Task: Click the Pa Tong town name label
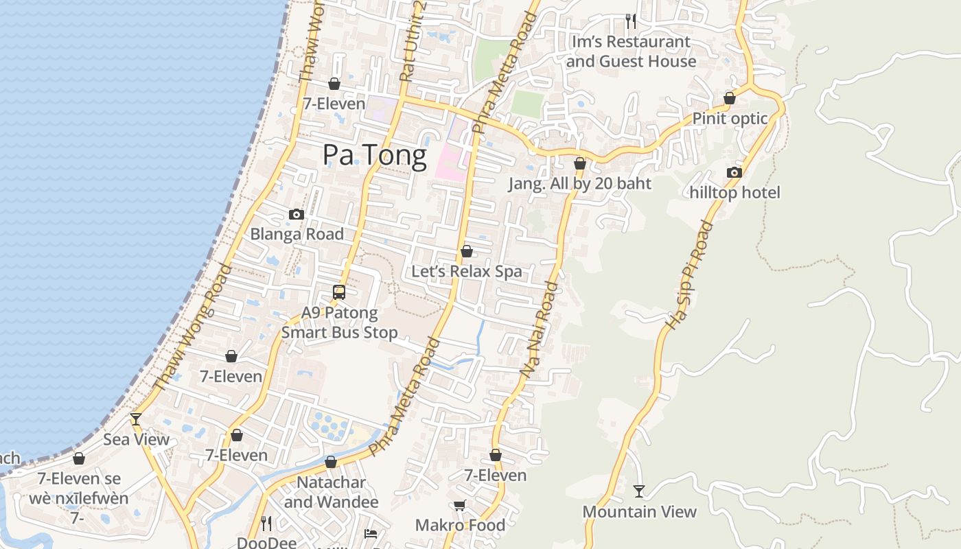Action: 375,155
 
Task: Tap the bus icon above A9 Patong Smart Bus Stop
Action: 339,292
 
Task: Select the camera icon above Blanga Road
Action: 297,214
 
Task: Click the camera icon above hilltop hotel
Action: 734,172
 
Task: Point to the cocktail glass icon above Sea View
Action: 136,419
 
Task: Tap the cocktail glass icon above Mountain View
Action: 639,491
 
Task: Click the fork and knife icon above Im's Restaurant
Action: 631,21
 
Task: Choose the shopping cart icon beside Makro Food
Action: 459,506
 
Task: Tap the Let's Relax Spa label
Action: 467,271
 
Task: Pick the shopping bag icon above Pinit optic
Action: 730,98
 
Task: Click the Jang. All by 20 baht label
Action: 580,184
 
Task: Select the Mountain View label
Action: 639,511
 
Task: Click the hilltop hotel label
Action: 734,193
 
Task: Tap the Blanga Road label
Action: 297,234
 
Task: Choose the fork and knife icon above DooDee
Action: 267,524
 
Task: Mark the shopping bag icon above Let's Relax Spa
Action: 467,251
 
